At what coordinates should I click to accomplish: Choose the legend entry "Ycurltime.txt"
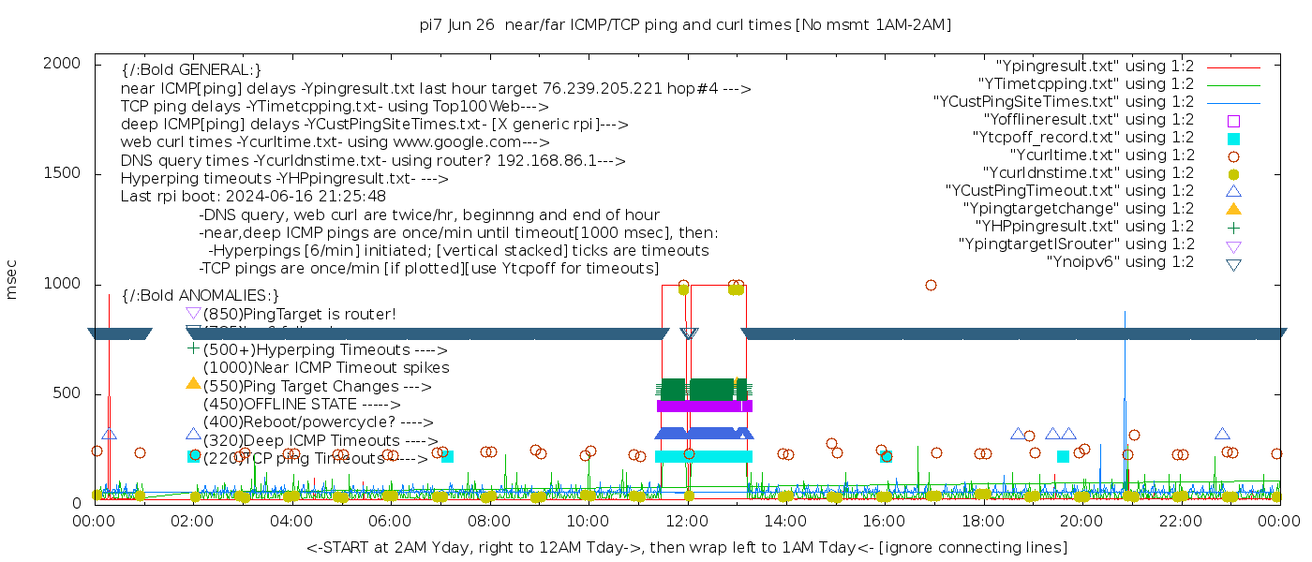[1101, 155]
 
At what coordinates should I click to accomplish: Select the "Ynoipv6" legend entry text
[1120, 262]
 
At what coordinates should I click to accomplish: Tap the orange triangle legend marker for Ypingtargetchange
[1234, 208]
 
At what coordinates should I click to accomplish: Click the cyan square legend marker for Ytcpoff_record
[1234, 138]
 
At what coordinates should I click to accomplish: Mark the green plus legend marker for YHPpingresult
[1234, 227]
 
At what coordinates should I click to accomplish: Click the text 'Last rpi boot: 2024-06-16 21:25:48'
[253, 197]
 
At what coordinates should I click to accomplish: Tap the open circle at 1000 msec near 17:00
[931, 286]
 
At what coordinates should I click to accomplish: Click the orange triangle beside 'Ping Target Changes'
[193, 383]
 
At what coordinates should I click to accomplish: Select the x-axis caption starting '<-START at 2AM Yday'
[686, 547]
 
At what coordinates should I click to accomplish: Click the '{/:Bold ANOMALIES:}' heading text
[201, 295]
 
